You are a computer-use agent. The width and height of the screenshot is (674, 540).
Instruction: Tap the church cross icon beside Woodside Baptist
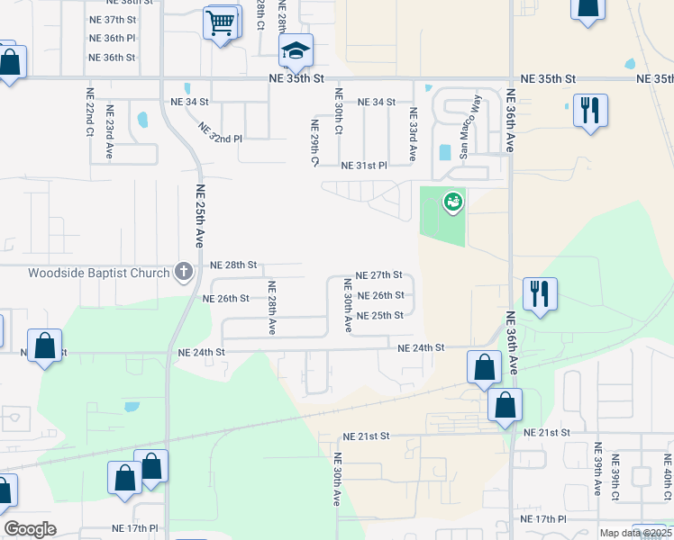click(x=183, y=272)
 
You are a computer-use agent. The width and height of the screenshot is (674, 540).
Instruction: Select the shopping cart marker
click(x=221, y=22)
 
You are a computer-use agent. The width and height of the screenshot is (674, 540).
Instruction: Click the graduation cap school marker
click(x=295, y=52)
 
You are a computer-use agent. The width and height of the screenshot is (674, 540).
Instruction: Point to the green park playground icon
click(x=452, y=202)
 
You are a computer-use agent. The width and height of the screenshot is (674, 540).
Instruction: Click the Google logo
click(x=31, y=529)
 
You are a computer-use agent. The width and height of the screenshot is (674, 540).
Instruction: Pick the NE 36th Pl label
click(x=112, y=38)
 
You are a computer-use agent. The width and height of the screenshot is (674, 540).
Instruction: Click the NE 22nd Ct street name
click(x=90, y=112)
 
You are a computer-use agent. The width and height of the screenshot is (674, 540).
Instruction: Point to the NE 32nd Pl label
click(x=220, y=133)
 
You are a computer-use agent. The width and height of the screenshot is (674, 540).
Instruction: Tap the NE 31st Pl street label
click(x=363, y=166)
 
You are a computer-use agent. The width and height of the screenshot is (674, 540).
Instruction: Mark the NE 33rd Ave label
click(x=413, y=134)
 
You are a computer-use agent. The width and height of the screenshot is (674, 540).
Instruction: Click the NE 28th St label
click(x=233, y=265)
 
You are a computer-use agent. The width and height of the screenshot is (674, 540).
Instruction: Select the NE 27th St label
click(x=378, y=275)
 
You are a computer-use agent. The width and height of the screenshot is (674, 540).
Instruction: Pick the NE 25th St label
click(x=379, y=316)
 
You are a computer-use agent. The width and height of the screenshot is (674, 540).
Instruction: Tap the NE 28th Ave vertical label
click(x=271, y=308)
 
